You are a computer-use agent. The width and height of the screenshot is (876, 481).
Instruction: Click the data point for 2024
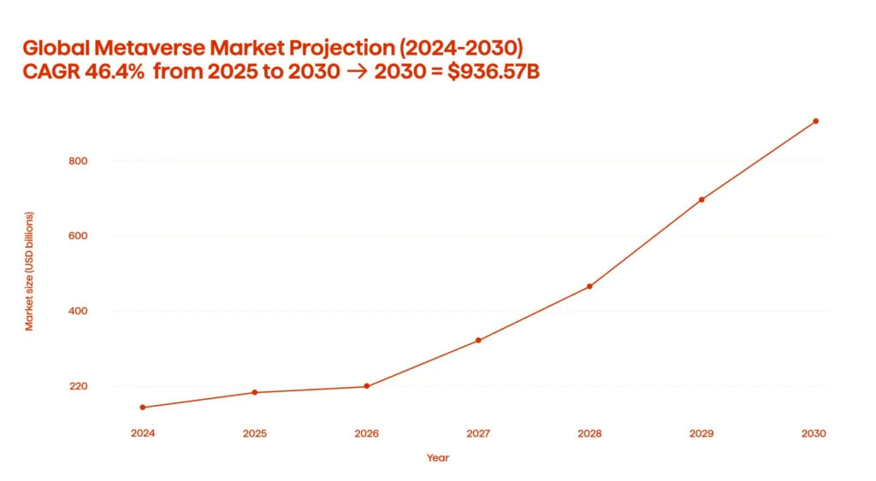coord(143,408)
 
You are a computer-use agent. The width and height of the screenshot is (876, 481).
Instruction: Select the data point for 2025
coord(255,392)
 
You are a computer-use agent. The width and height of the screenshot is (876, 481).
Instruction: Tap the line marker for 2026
coord(366,386)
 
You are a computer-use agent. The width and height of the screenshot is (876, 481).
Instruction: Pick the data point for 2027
coord(478,340)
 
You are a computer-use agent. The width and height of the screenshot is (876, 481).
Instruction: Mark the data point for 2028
coord(589,286)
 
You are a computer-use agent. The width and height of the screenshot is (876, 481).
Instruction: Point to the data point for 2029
coord(701,200)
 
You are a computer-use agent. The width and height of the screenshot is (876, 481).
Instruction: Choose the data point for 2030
coord(815,121)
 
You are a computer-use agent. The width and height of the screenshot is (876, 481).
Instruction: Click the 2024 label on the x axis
coord(143,433)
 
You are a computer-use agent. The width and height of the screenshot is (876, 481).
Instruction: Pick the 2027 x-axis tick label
coord(478,433)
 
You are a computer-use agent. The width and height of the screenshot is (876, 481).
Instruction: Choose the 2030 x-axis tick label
coord(814,433)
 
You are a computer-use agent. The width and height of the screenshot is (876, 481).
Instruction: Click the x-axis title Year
coord(438,458)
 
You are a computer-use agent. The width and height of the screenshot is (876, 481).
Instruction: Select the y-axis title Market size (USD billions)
coord(29,272)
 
